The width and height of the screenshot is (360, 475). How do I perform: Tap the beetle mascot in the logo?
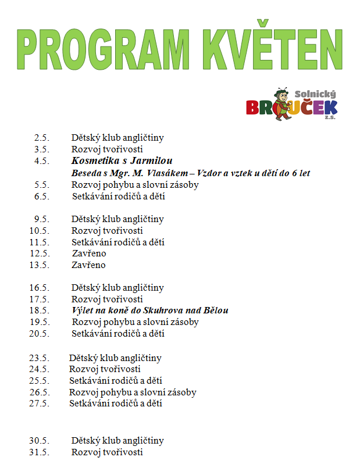tap(283, 104)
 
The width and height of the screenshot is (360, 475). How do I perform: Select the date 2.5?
tap(41, 138)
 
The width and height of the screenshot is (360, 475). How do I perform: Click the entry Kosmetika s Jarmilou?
tap(122, 161)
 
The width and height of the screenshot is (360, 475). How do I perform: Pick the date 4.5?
tap(41, 161)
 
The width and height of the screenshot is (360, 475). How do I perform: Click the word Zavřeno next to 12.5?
tap(89, 253)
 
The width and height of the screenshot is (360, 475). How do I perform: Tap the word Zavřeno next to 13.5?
tap(89, 265)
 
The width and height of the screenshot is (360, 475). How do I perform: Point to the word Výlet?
tap(83, 310)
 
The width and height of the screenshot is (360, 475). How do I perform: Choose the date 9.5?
tap(41, 219)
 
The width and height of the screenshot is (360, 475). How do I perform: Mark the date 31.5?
tap(39, 452)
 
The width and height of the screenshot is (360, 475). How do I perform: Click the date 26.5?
tap(39, 392)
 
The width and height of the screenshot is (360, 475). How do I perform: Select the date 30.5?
tap(39, 441)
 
